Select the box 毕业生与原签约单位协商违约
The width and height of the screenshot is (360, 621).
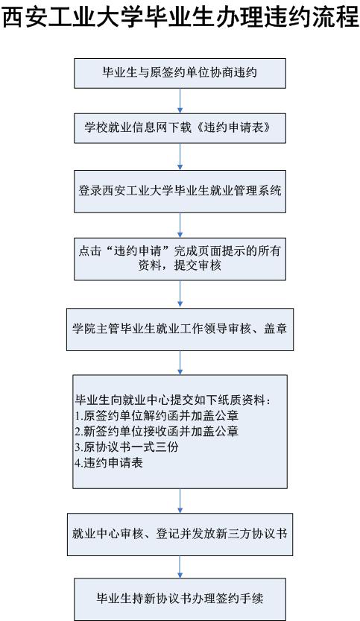point(180,73)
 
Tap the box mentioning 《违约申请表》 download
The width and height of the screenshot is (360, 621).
point(180,128)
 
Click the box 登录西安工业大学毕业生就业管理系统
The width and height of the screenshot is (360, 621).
point(180,192)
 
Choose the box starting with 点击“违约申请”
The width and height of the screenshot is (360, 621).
point(180,259)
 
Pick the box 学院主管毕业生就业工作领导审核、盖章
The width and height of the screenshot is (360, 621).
point(180,330)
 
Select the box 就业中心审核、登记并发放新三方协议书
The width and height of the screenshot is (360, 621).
point(180,535)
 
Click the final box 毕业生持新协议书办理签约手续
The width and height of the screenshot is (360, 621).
point(180,599)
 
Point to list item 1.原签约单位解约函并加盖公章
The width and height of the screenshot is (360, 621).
point(157,416)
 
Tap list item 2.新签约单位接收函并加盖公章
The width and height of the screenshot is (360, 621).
point(157,432)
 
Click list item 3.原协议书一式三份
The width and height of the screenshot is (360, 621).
point(127,447)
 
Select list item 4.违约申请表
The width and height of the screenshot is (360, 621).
point(109,463)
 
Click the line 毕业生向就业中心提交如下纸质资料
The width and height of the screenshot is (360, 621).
point(174,400)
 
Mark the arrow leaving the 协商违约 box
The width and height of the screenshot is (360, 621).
point(180,101)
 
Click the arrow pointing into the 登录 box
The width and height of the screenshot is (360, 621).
point(180,157)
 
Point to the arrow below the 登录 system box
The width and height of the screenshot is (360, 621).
point(180,225)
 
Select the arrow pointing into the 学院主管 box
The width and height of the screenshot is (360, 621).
point(180,294)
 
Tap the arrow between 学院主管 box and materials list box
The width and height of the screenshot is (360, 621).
point(180,363)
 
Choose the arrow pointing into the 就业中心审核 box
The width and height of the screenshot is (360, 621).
point(180,501)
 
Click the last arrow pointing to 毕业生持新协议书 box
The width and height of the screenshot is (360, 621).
point(180,567)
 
